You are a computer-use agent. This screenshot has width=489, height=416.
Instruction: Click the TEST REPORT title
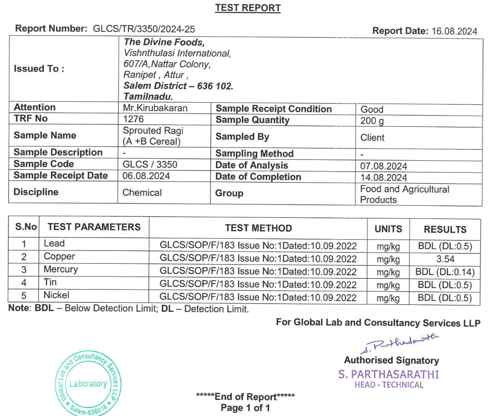click(248, 8)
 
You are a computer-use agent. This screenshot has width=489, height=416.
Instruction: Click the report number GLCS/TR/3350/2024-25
click(144, 29)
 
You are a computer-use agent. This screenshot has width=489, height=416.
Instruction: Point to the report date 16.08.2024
click(454, 31)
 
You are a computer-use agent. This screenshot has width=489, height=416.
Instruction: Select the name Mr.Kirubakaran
click(155, 108)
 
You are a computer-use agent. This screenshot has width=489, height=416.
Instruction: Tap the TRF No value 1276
click(133, 119)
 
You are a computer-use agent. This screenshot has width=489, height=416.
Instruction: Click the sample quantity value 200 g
click(372, 121)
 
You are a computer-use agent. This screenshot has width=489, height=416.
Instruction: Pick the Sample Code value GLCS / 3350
click(150, 164)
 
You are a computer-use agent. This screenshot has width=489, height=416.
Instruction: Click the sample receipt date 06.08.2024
click(146, 176)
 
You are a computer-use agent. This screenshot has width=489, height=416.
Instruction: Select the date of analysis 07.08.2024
click(383, 166)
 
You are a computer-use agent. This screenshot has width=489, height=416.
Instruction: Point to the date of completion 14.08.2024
click(383, 178)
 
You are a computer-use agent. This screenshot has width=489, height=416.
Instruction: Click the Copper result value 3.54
click(445, 259)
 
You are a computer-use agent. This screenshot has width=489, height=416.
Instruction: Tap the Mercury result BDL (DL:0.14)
click(445, 272)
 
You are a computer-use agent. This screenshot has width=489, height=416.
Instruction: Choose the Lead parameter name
click(54, 244)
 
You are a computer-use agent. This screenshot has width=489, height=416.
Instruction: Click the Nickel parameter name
click(56, 295)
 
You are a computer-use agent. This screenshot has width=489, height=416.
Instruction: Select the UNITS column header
click(388, 229)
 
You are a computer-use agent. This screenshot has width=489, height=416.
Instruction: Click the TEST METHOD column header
click(258, 228)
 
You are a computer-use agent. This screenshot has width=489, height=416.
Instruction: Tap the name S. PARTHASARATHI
click(389, 374)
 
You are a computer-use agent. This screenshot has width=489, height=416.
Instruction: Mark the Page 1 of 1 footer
click(245, 408)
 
